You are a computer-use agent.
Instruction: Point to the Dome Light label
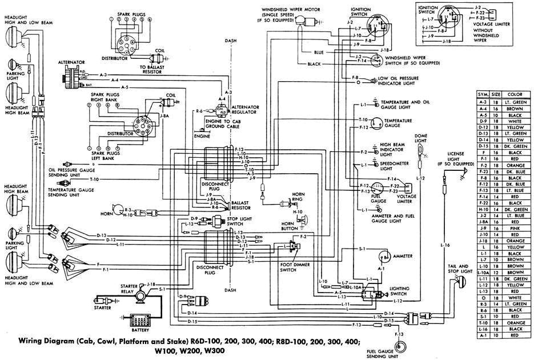421,138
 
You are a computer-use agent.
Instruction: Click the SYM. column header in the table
483,94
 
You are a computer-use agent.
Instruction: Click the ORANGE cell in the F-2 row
516,165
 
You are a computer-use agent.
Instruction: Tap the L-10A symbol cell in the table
483,273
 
